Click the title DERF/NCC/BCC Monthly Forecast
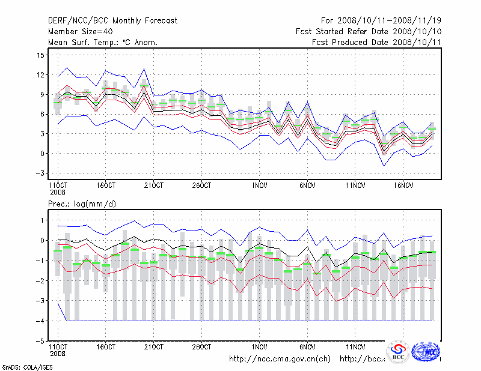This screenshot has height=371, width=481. [112, 21]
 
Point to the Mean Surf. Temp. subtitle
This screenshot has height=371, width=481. [102, 42]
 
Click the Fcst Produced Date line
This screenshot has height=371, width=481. [376, 42]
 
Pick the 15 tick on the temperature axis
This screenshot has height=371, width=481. [41, 55]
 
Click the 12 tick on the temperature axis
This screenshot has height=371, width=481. [41, 75]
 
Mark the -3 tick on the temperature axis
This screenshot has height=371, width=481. [40, 173]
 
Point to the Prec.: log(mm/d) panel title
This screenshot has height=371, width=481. [82, 204]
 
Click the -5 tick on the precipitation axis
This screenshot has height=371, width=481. [40, 341]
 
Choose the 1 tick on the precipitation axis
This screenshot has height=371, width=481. [42, 220]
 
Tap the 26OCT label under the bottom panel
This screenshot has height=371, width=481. [201, 347]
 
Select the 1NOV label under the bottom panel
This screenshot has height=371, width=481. [260, 347]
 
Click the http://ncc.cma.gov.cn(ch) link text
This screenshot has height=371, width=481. [280, 358]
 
